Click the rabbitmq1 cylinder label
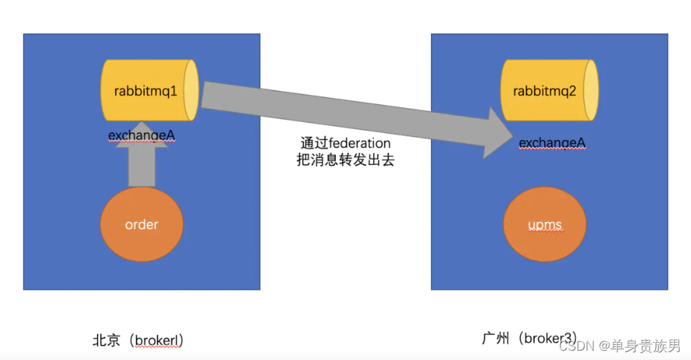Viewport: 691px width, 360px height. click(x=145, y=91)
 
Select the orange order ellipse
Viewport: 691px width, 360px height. click(x=141, y=224)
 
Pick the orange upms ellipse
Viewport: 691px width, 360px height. click(x=545, y=225)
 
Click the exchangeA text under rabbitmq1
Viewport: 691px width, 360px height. click(x=143, y=136)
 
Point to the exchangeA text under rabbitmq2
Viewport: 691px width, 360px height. click(x=552, y=144)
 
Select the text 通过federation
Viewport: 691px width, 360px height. click(x=345, y=144)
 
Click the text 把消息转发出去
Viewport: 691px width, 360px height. click(x=345, y=161)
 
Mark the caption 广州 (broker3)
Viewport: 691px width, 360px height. click(x=530, y=338)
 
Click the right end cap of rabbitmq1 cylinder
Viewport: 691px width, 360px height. click(x=191, y=91)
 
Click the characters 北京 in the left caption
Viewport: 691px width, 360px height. click(x=105, y=340)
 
